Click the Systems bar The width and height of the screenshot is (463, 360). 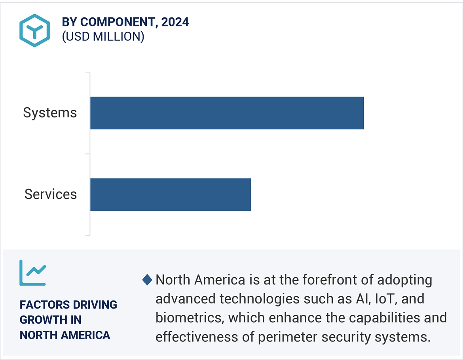pyautogui.click(x=227, y=113)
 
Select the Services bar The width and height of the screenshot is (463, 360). pyautogui.click(x=171, y=194)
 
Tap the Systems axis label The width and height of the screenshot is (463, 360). pyautogui.click(x=50, y=113)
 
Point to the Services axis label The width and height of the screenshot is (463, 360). pyautogui.click(x=51, y=194)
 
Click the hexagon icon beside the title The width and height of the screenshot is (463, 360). pyautogui.click(x=35, y=30)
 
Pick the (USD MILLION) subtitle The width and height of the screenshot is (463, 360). pyautogui.click(x=103, y=36)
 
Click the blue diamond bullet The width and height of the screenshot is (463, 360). pyautogui.click(x=147, y=280)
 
